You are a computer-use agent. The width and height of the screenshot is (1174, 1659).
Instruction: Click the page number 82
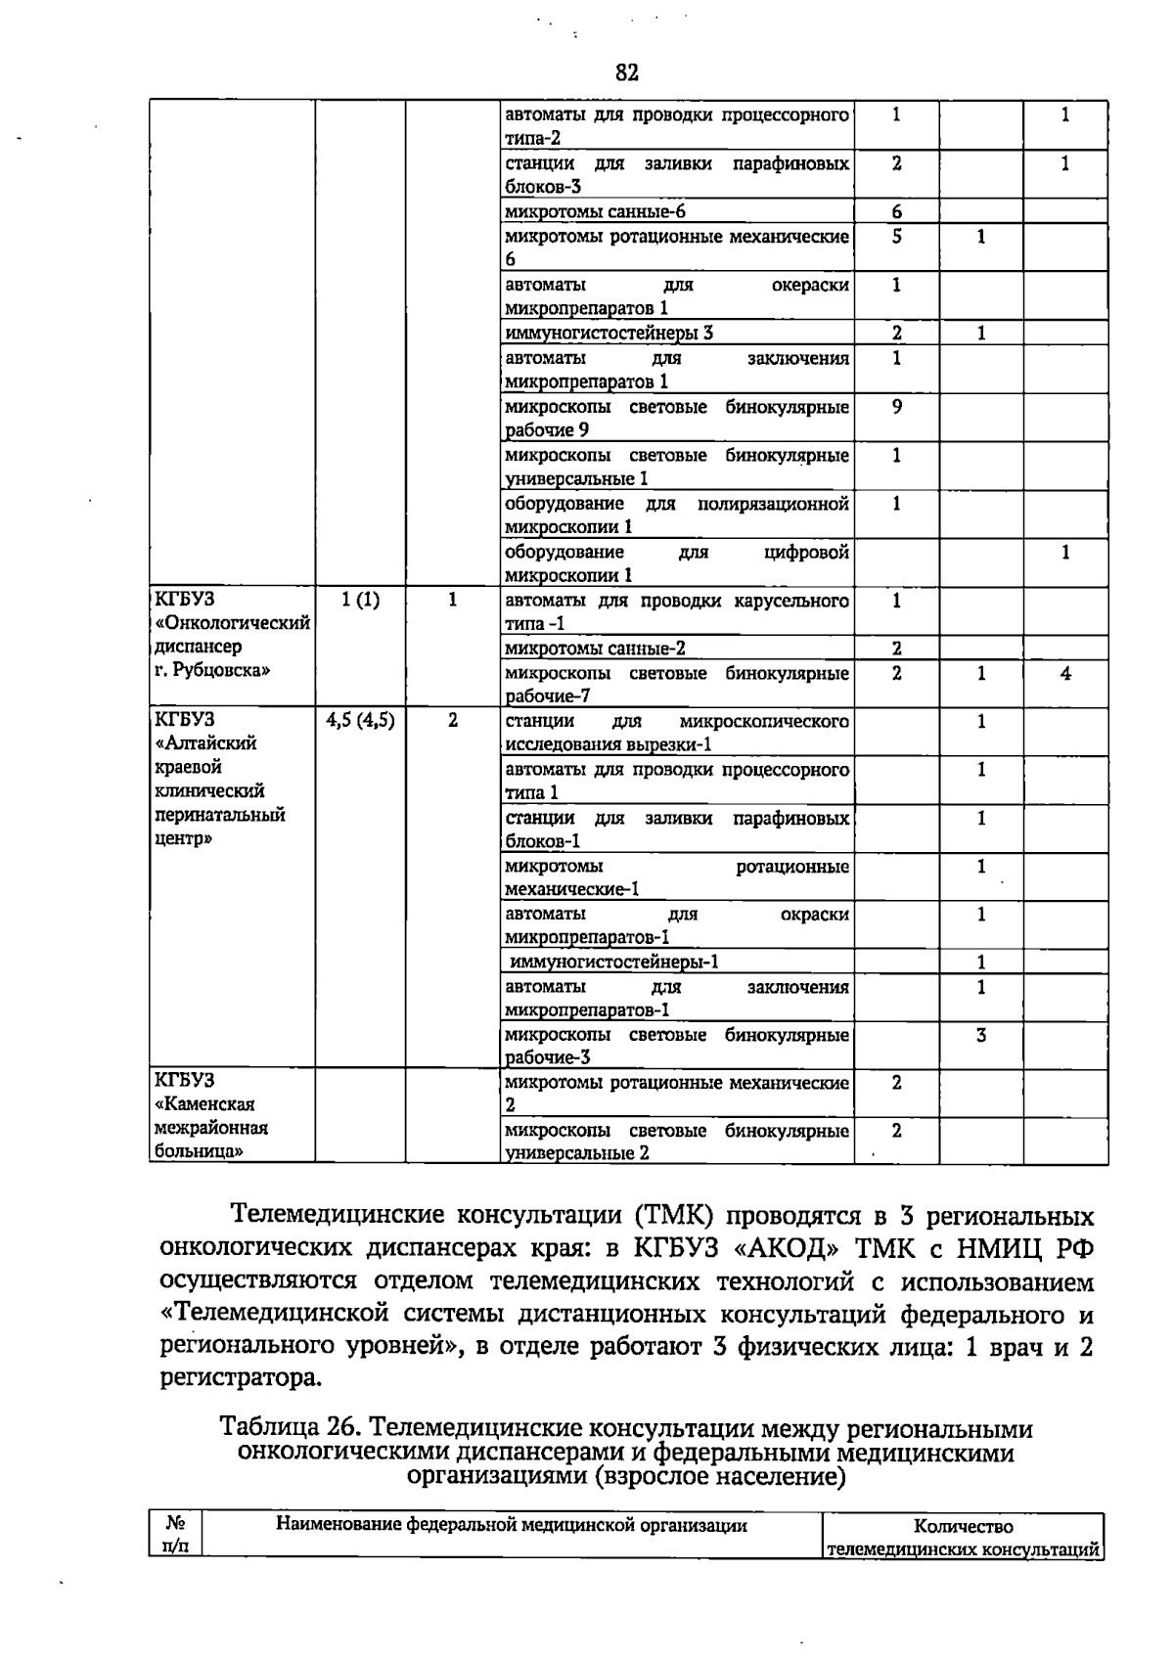pos(627,73)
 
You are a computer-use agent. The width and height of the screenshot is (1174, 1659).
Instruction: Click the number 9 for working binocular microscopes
pos(896,406)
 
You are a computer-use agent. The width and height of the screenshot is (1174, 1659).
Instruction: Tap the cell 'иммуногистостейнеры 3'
pos(609,334)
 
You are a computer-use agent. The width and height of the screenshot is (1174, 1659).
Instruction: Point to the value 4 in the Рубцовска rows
pos(1065,673)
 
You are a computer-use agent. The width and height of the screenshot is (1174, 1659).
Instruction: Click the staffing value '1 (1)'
pos(359,600)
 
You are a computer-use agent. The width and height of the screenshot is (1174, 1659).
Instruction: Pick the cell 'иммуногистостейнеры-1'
pos(614,962)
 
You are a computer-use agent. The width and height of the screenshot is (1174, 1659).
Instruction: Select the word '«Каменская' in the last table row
pos(204,1104)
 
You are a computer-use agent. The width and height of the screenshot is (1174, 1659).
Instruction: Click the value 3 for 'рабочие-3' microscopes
pos(981,1035)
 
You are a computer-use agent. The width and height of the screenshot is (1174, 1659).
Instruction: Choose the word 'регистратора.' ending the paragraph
pos(240,1379)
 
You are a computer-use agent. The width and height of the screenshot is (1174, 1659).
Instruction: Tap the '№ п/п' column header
pos(176,1535)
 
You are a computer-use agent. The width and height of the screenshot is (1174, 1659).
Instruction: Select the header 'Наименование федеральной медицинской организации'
pos(512,1525)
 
